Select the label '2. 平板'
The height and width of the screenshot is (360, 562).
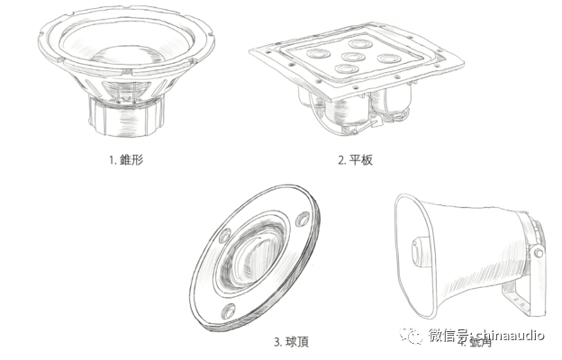coord(355,161)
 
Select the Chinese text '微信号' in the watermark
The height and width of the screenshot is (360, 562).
coord(445,336)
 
